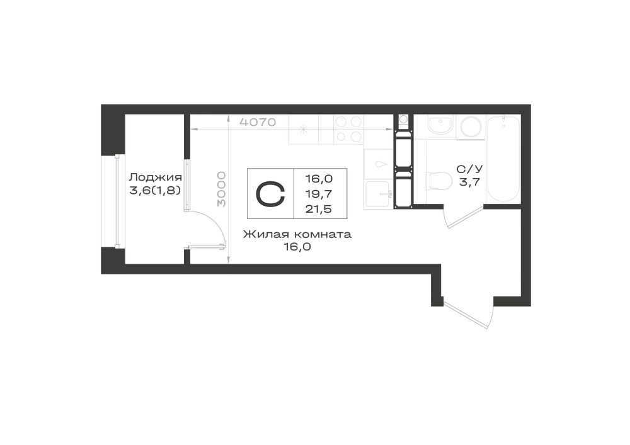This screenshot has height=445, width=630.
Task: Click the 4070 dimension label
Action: pyautogui.click(x=258, y=122)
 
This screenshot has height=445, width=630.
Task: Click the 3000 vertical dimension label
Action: pyautogui.click(x=221, y=189)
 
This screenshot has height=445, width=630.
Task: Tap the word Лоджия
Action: pyautogui.click(x=156, y=177)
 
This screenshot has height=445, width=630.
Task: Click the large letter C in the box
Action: pyautogui.click(x=270, y=194)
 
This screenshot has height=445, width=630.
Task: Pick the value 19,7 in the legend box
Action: pyautogui.click(x=319, y=194)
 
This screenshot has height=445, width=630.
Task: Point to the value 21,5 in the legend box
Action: pyautogui.click(x=319, y=209)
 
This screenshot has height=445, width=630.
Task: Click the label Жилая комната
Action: pyautogui.click(x=297, y=234)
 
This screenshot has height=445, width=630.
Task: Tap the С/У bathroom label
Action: pyautogui.click(x=470, y=169)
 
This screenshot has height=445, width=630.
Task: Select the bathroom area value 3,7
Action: pyautogui.click(x=470, y=182)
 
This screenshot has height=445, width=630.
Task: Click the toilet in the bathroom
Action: pyautogui.click(x=440, y=181)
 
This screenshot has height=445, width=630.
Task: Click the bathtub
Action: pyautogui.click(x=503, y=159)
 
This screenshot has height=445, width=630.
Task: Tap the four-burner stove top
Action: pyautogui.click(x=348, y=129)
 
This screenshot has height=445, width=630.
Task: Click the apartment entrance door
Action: pyautogui.click(x=467, y=313)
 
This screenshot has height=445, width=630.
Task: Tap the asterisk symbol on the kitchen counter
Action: pyautogui.click(x=304, y=129)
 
